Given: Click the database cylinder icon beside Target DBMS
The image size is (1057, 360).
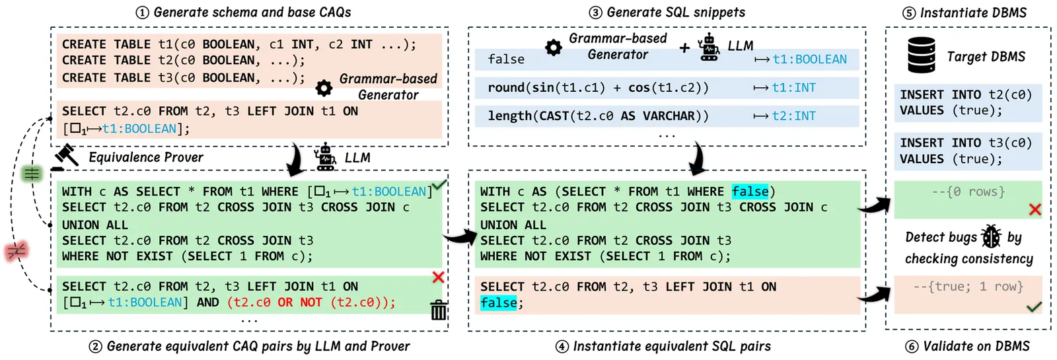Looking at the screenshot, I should click(x=921, y=54).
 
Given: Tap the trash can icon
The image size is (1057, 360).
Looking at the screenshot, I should click(x=439, y=309).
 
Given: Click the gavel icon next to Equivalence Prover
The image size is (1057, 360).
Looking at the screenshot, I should click(x=65, y=158).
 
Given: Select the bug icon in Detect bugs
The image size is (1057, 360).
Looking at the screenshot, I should click(x=991, y=236).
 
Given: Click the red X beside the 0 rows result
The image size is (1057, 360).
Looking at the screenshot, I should click(x=1035, y=209).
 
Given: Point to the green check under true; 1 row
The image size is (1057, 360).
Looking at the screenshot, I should click(x=1034, y=306).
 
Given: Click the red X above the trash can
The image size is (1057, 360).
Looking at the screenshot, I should click(x=438, y=277).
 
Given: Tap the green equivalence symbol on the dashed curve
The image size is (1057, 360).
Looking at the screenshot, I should click(x=32, y=174).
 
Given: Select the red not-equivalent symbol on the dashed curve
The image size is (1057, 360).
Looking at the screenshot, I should click(x=16, y=251).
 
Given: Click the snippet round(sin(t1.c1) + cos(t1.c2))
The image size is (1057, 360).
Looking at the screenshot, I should click(x=598, y=88).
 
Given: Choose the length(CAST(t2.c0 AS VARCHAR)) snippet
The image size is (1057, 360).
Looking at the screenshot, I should click(x=598, y=116).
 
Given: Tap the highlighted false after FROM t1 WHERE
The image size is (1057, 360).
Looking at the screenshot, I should click(x=750, y=192).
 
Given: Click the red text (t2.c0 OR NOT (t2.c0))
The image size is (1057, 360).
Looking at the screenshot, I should click(x=310, y=303).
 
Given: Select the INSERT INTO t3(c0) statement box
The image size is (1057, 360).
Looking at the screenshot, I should click(x=966, y=151).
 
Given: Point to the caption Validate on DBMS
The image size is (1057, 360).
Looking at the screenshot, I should click(x=976, y=346).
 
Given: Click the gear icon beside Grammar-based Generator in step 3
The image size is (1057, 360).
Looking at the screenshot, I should click(x=554, y=47).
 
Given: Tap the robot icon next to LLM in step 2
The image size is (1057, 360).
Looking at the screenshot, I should click(x=324, y=157).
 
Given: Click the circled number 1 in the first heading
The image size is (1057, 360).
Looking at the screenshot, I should click(x=142, y=13).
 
